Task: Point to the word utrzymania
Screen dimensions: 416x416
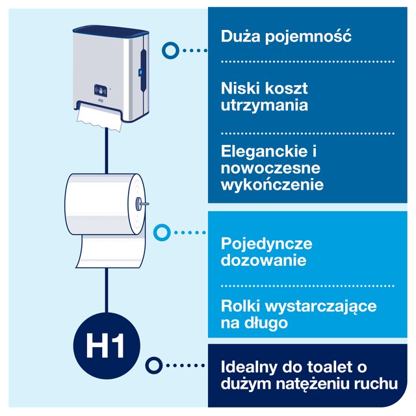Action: tap(265, 105)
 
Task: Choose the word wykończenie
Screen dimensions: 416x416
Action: tap(272, 185)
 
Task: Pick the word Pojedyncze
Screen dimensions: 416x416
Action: tap(266, 244)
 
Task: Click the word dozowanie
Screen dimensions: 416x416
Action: tap(263, 260)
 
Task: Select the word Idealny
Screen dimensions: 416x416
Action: tap(248, 368)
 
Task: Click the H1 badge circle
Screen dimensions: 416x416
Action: tap(107, 345)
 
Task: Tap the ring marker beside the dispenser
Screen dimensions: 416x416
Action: tap(170, 51)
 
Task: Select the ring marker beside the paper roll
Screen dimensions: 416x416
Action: tap(162, 233)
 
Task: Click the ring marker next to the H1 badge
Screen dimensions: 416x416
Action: tap(154, 365)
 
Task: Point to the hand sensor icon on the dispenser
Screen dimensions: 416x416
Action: tap(101, 91)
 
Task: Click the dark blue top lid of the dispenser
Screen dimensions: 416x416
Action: tap(110, 31)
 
